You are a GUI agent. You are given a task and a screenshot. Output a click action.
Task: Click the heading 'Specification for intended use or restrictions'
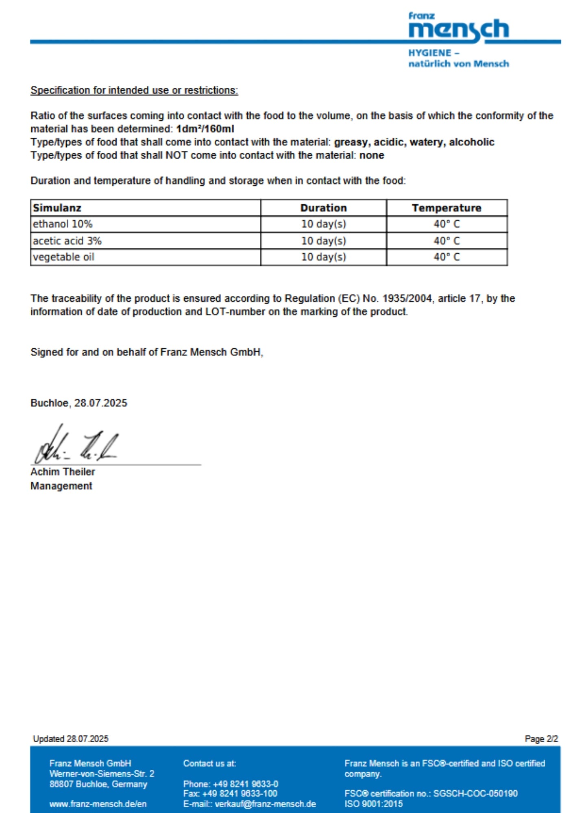pyautogui.click(x=134, y=90)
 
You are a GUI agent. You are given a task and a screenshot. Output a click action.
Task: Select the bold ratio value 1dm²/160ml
pyautogui.click(x=205, y=129)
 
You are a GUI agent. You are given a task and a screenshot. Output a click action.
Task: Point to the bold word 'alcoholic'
pyautogui.click(x=471, y=142)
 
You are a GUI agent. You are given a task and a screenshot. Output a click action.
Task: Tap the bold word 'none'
pyautogui.click(x=372, y=155)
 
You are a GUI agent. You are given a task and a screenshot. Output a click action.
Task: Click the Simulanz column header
pyautogui.click(x=57, y=208)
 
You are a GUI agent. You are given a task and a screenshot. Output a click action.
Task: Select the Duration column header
pyautogui.click(x=323, y=208)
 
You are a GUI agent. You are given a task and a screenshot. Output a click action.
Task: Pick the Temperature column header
pyautogui.click(x=446, y=208)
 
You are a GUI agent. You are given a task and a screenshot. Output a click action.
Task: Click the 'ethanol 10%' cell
pyautogui.click(x=63, y=224)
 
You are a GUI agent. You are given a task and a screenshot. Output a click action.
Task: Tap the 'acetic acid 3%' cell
pyautogui.click(x=67, y=241)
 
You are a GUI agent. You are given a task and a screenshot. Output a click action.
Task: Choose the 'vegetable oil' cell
pyautogui.click(x=63, y=257)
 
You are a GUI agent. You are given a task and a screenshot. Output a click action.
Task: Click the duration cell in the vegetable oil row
pyautogui.click(x=323, y=257)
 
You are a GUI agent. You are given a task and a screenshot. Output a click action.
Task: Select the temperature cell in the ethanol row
pyautogui.click(x=446, y=224)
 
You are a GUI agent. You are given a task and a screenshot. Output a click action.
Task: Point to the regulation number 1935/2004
pyautogui.click(x=407, y=298)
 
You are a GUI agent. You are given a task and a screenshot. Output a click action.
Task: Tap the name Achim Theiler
pyautogui.click(x=63, y=472)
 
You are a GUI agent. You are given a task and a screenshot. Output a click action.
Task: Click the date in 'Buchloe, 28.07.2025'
pyautogui.click(x=100, y=403)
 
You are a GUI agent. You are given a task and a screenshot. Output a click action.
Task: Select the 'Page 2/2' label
pyautogui.click(x=541, y=739)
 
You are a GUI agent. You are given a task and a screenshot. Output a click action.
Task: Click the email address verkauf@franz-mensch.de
pyautogui.click(x=265, y=804)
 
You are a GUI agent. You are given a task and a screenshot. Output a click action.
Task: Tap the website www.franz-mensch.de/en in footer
pyautogui.click(x=98, y=804)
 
